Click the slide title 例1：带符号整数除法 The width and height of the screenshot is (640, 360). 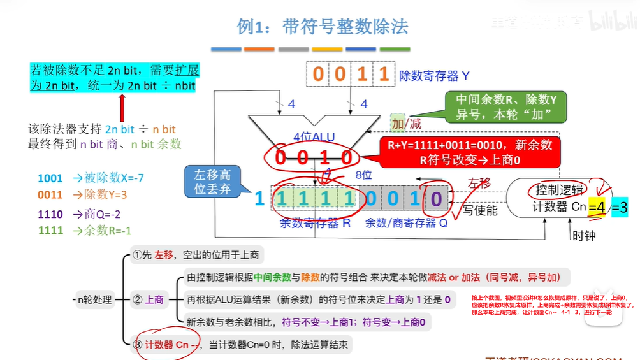322,27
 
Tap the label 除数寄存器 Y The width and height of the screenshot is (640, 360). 434,76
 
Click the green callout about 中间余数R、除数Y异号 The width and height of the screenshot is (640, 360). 506,107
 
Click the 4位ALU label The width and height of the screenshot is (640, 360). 314,137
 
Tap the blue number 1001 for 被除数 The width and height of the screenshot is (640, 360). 50,178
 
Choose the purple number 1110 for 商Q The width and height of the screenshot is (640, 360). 50,213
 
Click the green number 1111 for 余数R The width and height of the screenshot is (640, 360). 50,231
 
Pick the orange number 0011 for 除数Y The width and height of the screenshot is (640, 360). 50,196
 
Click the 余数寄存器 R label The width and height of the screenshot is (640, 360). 315,224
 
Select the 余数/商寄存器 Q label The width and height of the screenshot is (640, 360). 406,224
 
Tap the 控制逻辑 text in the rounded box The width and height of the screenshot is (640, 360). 558,190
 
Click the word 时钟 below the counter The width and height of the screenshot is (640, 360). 584,235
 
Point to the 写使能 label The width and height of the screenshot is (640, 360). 480,210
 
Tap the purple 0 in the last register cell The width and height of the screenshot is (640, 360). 435,198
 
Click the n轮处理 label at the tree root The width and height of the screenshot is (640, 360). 93,299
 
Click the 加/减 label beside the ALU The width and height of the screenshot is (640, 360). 407,124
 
